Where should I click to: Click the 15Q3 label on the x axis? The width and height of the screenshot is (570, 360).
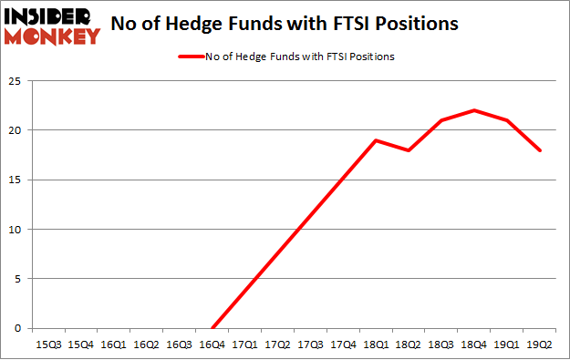pos(47,345)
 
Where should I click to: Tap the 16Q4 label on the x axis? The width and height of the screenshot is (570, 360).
pos(212,345)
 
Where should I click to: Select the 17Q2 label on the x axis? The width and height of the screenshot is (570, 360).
pos(277,345)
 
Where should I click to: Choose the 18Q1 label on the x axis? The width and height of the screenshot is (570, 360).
pos(376,345)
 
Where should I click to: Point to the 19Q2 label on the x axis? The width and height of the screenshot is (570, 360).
pos(540,345)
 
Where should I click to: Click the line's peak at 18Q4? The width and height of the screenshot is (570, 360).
pos(474,110)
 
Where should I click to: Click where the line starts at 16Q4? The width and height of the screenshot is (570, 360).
pos(212,328)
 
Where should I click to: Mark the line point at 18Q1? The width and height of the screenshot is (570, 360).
pos(376,140)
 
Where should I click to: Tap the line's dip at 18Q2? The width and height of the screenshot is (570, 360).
pos(409,150)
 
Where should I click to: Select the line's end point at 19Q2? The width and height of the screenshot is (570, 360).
pos(540,150)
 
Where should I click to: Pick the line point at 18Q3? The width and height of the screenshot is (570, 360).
pos(441,120)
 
